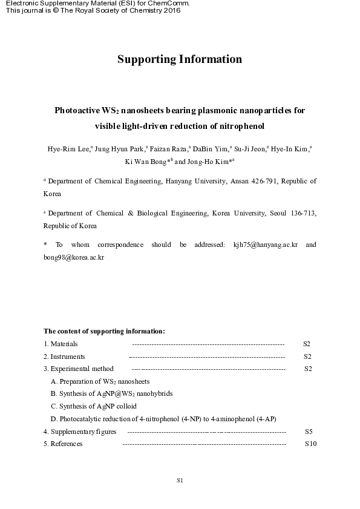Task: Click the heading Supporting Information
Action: pyautogui.click(x=180, y=59)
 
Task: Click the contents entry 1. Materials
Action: pyautogui.click(x=61, y=344)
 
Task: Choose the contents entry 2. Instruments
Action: pyautogui.click(x=64, y=356)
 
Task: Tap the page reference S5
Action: pyautogui.click(x=309, y=432)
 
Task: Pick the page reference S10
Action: pyautogui.click(x=310, y=444)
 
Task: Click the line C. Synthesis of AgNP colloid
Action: pyautogui.click(x=94, y=406)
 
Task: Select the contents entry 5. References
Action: pyautogui.click(x=63, y=444)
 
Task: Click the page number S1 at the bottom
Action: pyautogui.click(x=180, y=481)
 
